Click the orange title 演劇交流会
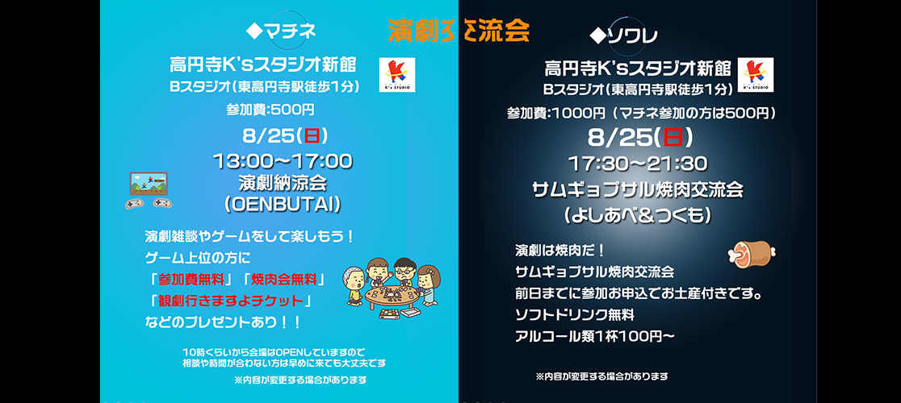pos(459,31)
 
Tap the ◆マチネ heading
pos(280,31)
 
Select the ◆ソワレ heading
pos(623,35)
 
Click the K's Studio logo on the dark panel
pos(756,75)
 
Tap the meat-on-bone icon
pos(751,253)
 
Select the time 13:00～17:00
pos(282,161)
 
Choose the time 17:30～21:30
pos(637,164)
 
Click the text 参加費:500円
pos(270,109)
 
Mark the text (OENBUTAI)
pos(282,205)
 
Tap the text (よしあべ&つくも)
pos(637,215)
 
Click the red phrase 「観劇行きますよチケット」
pos(230,301)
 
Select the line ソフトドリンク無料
pos(575,314)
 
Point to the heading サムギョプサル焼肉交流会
pos(637,190)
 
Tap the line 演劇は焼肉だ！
pos(559,249)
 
